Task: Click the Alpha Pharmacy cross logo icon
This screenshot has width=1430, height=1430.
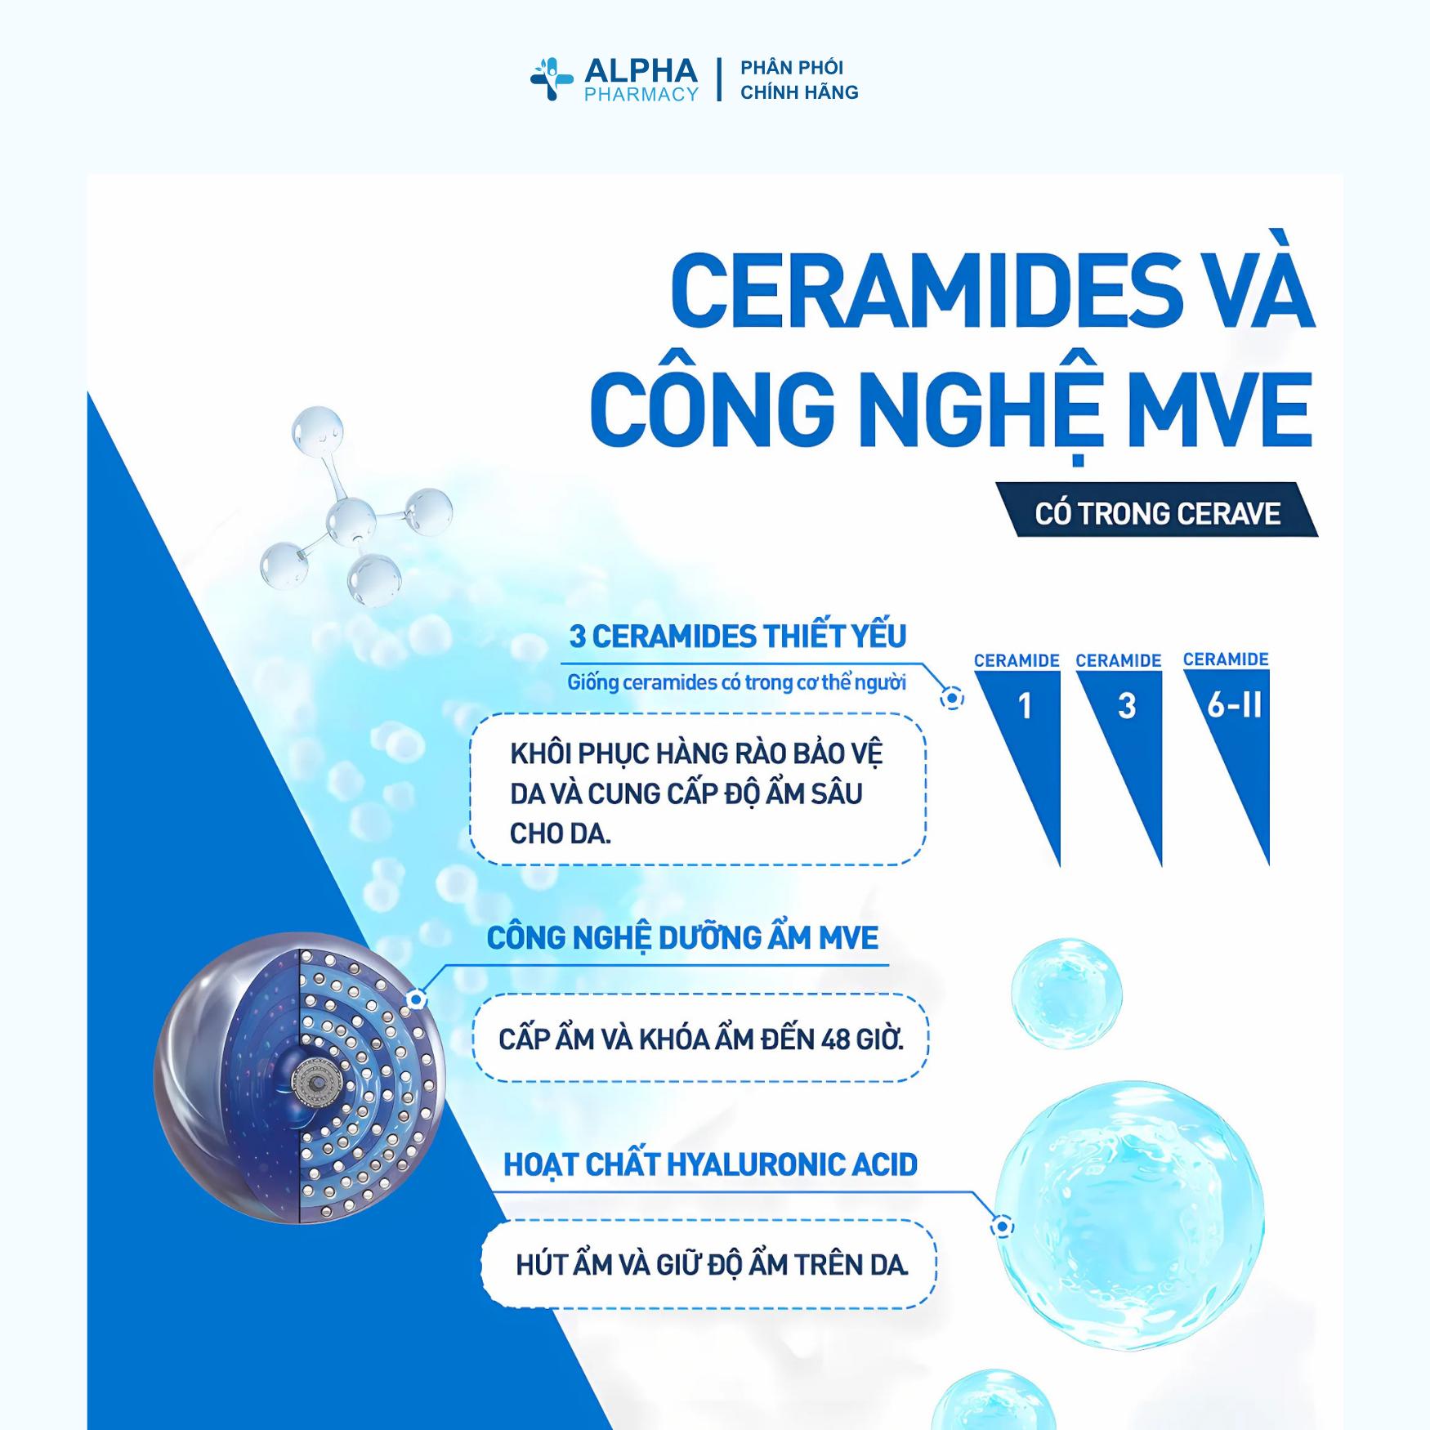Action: (x=552, y=79)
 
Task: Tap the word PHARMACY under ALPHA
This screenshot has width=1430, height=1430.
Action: (x=641, y=95)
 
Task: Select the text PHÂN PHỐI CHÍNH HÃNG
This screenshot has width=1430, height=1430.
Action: (x=798, y=80)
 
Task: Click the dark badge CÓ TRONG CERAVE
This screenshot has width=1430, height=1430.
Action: (x=1157, y=513)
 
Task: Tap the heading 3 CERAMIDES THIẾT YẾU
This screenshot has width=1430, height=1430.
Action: (x=737, y=637)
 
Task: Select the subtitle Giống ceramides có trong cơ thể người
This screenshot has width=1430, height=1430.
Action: (x=736, y=682)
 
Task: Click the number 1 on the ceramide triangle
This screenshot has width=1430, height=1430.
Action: (x=1025, y=706)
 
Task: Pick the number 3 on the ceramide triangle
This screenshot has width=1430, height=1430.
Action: (x=1126, y=706)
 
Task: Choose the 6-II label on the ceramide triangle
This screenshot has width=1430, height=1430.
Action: (x=1234, y=704)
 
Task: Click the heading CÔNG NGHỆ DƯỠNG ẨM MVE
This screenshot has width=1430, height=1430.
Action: (x=682, y=938)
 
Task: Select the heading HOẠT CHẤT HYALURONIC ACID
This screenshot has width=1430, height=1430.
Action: (x=710, y=1164)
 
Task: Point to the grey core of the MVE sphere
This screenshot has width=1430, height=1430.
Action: (x=314, y=1081)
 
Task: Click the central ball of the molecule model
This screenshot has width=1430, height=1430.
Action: (x=351, y=521)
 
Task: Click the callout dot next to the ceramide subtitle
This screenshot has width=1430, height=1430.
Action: (x=952, y=699)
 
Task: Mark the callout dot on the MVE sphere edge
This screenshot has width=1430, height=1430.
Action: (x=417, y=999)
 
